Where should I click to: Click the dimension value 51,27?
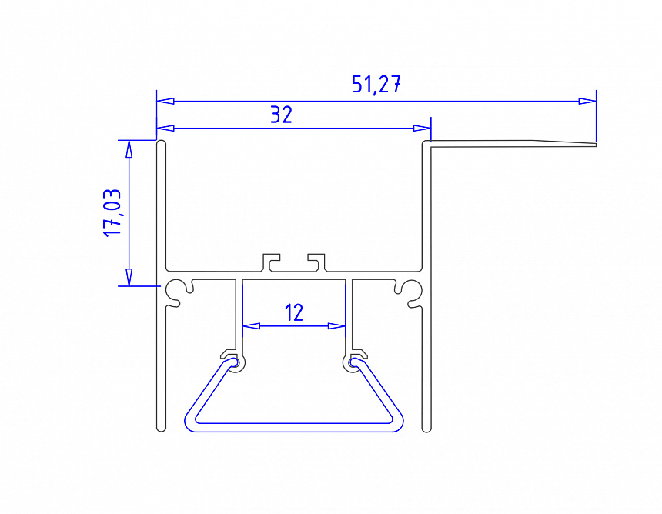(x=376, y=85)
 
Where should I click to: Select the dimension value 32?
(x=281, y=115)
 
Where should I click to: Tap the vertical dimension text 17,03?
(x=112, y=212)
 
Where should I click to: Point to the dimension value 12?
(x=294, y=312)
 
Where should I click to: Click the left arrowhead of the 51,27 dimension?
(x=165, y=102)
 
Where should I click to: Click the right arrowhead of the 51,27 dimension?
(x=587, y=102)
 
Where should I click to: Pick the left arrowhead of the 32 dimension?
(x=165, y=128)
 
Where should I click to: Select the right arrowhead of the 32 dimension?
(x=422, y=128)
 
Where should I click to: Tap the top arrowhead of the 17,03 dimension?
(x=129, y=149)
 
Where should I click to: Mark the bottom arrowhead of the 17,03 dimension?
(x=129, y=277)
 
